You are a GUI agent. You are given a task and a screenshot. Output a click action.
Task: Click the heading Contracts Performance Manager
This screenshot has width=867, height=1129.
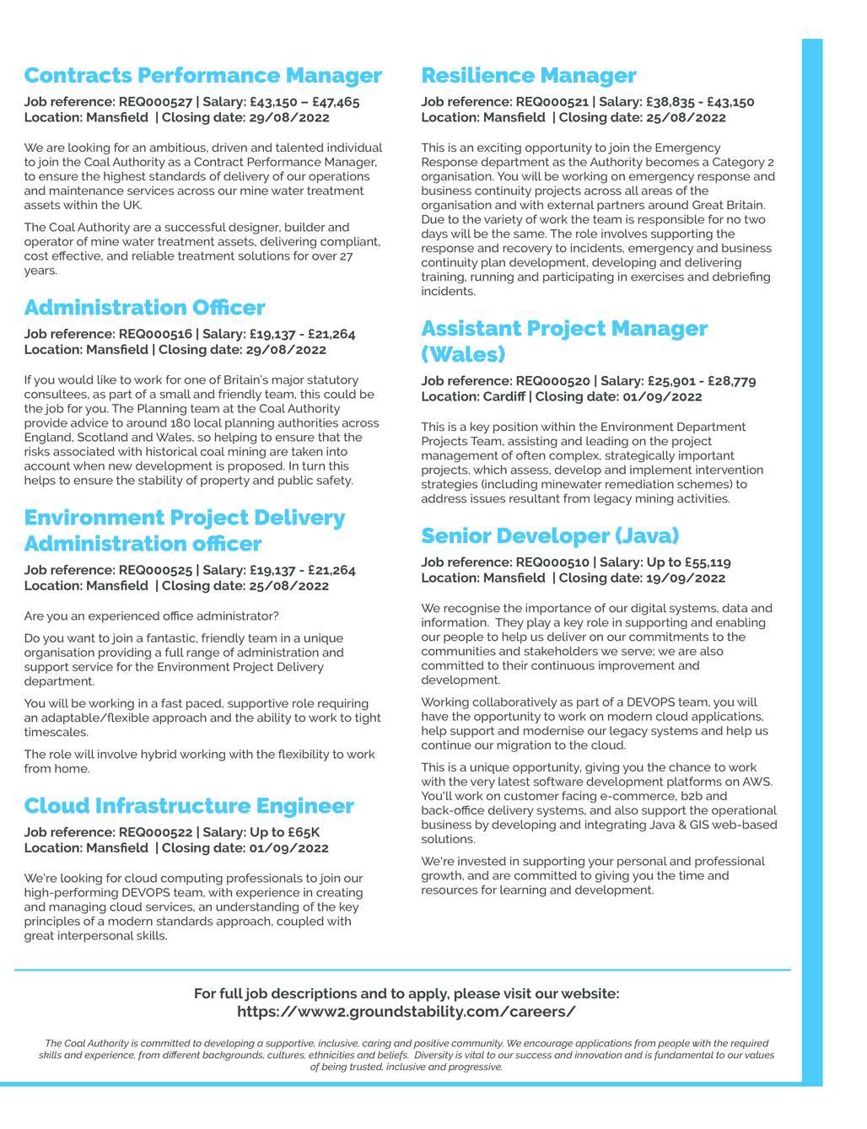coord(202,76)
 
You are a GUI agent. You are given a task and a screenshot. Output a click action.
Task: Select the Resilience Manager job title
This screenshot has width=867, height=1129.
coord(528,76)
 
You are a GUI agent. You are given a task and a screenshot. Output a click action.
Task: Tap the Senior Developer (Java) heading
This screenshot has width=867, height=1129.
coord(550,536)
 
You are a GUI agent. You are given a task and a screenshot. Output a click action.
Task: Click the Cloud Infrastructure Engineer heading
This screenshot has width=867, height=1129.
coord(189,806)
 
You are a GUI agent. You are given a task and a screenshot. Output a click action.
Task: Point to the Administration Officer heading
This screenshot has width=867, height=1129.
coord(144,308)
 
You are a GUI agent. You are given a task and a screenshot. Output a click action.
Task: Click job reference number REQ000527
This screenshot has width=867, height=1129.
coord(155,102)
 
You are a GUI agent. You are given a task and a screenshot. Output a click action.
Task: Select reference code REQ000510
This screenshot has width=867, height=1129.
coord(552,562)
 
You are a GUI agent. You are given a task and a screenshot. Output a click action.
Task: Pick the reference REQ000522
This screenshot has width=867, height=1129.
coord(155,833)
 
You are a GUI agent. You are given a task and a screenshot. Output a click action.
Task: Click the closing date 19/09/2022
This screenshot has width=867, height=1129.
coord(689,578)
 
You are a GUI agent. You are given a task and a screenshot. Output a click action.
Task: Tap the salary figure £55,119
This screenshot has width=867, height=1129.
coord(708,562)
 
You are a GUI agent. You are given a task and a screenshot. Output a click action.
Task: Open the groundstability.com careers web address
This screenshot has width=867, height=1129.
coord(407,1012)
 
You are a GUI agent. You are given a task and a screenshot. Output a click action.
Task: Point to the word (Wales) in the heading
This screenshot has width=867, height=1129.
coord(463,354)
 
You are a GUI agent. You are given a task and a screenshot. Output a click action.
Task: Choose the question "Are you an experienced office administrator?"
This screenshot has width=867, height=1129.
coord(151,616)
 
